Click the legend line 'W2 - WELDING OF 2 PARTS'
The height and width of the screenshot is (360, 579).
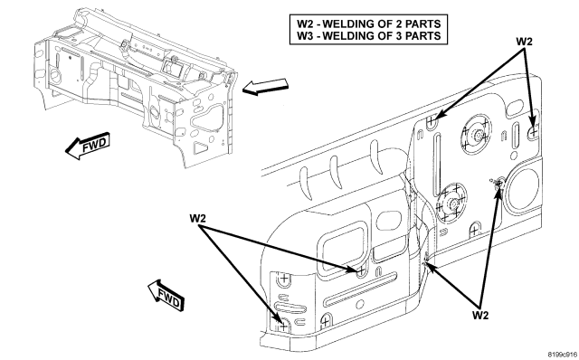pos(368,24)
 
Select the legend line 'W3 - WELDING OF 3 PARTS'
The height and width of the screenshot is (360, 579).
pos(368,36)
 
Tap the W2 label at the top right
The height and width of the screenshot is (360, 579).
pos(524,42)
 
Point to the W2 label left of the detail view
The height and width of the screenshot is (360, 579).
pos(197,218)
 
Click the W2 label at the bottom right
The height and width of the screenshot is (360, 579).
pos(480,316)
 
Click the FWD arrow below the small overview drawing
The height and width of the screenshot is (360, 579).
pos(88,146)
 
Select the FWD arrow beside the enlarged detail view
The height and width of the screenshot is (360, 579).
pos(166,296)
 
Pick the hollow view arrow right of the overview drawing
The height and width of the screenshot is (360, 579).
pos(265,87)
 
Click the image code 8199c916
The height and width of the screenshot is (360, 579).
pos(563,354)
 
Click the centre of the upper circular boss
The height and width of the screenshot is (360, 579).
pos(477,135)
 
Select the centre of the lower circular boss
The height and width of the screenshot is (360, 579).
pos(451,202)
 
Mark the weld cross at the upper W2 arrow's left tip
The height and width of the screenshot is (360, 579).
pos(431,120)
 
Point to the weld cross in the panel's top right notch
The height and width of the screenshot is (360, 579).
pos(534,130)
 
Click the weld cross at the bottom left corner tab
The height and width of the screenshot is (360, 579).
pos(283,326)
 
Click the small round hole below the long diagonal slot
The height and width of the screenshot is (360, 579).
pos(360,304)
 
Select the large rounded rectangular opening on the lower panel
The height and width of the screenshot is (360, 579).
pos(344,246)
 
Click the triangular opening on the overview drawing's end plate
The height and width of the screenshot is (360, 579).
pos(201,147)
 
